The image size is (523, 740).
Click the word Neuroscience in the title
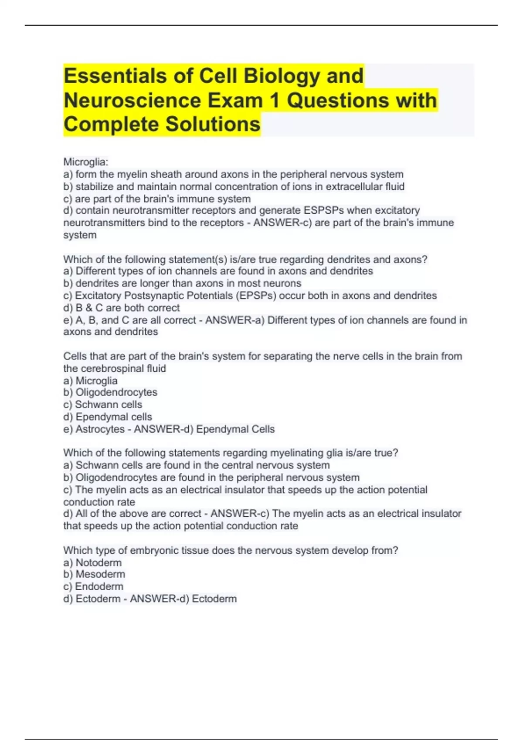[x=132, y=101]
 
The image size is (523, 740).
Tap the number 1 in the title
[x=274, y=101]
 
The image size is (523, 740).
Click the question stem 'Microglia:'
[x=86, y=162]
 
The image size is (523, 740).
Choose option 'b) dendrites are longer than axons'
[x=182, y=283]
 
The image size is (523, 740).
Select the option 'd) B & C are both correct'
[x=122, y=308]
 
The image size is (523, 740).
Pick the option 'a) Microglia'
[x=91, y=380]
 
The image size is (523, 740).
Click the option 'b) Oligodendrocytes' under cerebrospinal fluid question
[x=110, y=392]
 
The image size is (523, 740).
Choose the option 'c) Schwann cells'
[x=103, y=404]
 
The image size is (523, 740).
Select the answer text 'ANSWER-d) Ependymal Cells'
[x=204, y=429]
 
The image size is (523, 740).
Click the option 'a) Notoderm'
[x=92, y=562]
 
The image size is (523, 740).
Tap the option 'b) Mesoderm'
[x=94, y=574]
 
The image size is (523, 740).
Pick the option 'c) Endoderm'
[x=93, y=586]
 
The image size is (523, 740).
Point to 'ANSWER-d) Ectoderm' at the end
[x=183, y=599]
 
